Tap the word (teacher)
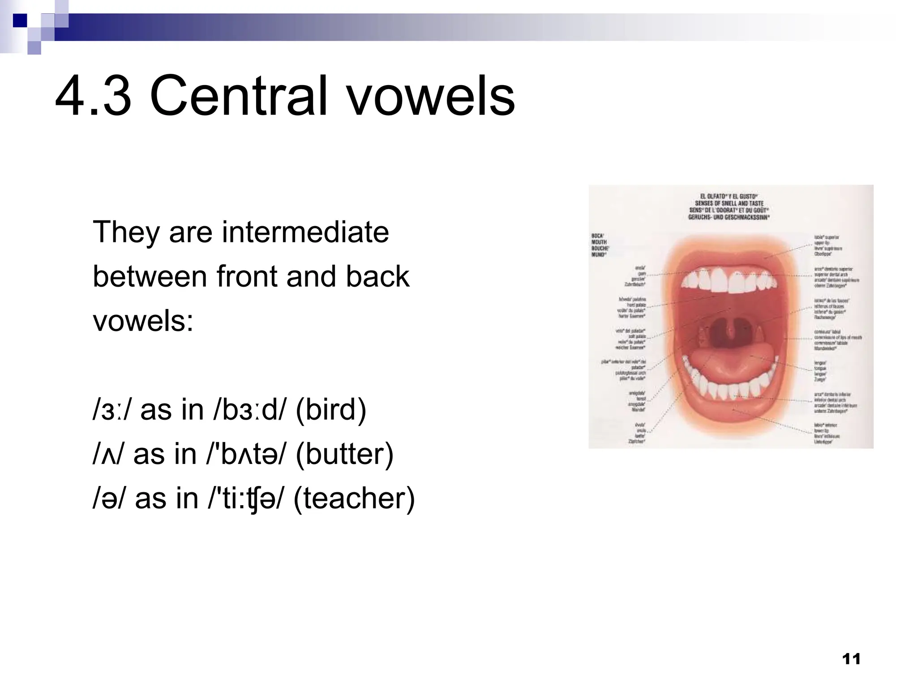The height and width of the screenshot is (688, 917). coord(354,498)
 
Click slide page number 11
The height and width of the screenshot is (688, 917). coord(851,659)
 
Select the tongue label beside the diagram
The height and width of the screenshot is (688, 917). coord(820,370)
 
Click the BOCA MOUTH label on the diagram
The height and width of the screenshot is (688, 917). coord(599,245)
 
